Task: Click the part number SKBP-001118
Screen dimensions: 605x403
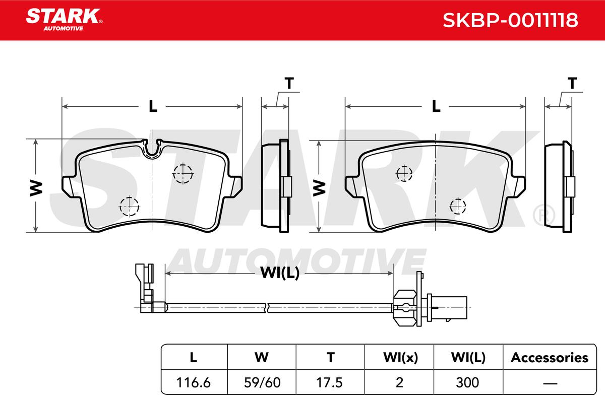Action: (510, 20)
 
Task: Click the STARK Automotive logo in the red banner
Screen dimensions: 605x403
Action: (64, 20)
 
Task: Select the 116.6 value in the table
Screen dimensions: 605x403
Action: (194, 382)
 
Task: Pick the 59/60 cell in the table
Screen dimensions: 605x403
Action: (262, 382)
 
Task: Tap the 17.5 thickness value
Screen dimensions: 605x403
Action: (330, 382)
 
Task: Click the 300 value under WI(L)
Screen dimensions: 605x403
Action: (467, 382)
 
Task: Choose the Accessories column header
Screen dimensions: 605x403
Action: (550, 358)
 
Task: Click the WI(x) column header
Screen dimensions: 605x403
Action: (400, 358)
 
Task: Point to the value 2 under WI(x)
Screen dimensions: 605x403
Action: (399, 382)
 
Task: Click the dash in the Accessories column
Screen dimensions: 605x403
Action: (550, 383)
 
